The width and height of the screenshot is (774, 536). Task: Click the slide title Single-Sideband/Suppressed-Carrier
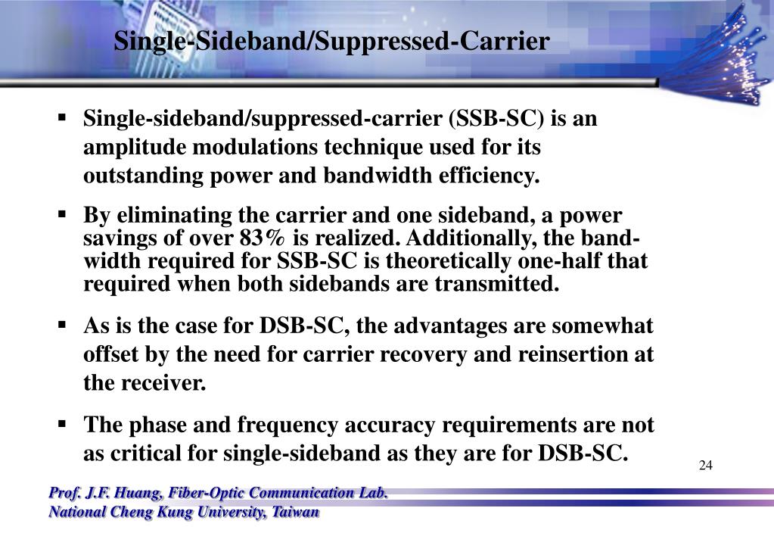tap(331, 41)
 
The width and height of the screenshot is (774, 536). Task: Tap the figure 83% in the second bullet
tap(263, 238)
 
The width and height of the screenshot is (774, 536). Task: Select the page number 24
tap(705, 465)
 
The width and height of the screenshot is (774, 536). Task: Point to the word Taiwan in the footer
tap(296, 513)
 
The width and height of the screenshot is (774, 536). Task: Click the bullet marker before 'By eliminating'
tap(63, 215)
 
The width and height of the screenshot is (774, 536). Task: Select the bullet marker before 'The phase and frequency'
tap(63, 425)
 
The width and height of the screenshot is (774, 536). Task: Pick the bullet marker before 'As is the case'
tap(63, 326)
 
